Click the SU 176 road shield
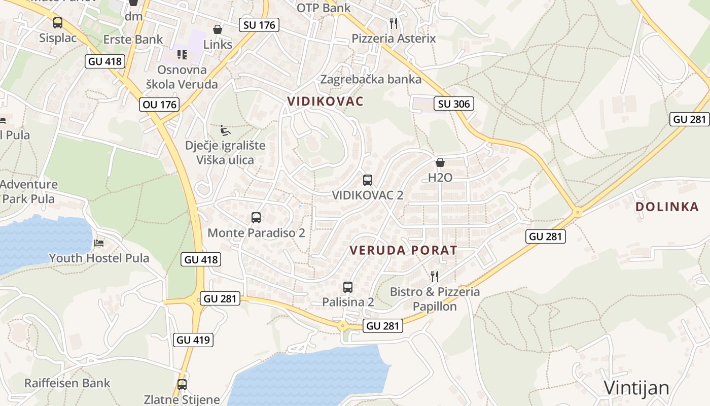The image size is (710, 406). coord(259,25)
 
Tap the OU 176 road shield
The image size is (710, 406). coord(160,105)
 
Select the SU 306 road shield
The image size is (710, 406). coord(454,104)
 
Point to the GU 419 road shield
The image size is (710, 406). coord(193,340)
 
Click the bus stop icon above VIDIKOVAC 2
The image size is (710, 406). coord(368,180)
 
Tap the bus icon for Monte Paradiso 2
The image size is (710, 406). coord(256,218)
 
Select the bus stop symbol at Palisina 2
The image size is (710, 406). coord(348,287)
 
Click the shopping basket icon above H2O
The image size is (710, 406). coord(440,162)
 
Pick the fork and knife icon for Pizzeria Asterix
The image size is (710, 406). coord(394,23)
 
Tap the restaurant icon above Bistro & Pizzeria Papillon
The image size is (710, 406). coord(435,276)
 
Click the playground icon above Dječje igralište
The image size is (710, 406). coord(225,131)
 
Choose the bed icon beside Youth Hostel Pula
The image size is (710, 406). coord(99,243)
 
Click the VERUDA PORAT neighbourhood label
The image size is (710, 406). coord(404,250)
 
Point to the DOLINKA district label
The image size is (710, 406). coord(667,207)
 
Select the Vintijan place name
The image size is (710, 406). coord(636,388)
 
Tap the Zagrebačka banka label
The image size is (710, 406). coord(371,79)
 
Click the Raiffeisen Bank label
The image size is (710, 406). coord(67,383)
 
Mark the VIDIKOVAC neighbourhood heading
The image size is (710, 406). coord(326,101)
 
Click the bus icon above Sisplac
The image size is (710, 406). coord(58,23)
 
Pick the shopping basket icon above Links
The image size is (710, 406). coord(218,29)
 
